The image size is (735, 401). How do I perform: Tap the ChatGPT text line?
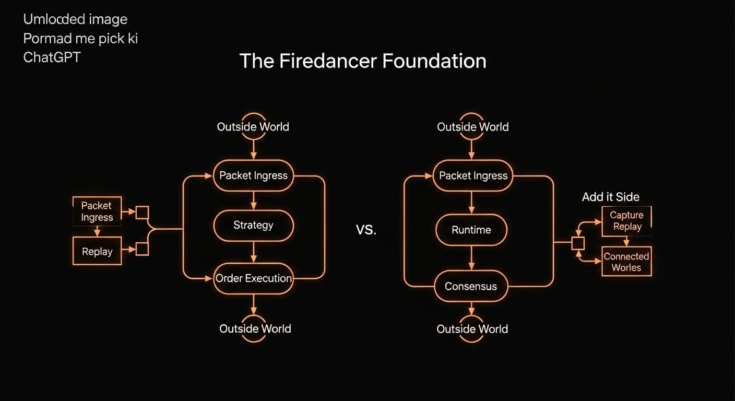(x=52, y=57)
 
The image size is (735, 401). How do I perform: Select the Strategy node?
(x=253, y=225)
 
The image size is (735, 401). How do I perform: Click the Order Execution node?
(x=254, y=278)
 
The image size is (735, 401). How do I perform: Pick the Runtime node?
(x=471, y=230)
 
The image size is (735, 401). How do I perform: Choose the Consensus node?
(x=471, y=286)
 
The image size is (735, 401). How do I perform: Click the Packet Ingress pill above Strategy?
(x=253, y=175)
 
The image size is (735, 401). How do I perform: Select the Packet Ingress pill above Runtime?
(x=473, y=175)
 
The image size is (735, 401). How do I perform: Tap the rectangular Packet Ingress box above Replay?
(x=97, y=211)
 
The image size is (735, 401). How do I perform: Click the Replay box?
(x=97, y=251)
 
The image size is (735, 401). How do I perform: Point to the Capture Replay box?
(x=626, y=221)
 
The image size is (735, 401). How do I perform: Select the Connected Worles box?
(x=626, y=262)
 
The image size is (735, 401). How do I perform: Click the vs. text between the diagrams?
(x=366, y=230)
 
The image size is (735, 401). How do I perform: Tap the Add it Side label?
(x=611, y=197)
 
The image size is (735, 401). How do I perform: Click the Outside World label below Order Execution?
(x=255, y=328)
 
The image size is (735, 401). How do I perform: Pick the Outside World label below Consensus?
(x=472, y=329)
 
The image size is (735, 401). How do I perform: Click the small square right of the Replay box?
(x=142, y=249)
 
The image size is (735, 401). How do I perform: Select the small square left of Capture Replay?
(x=578, y=243)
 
